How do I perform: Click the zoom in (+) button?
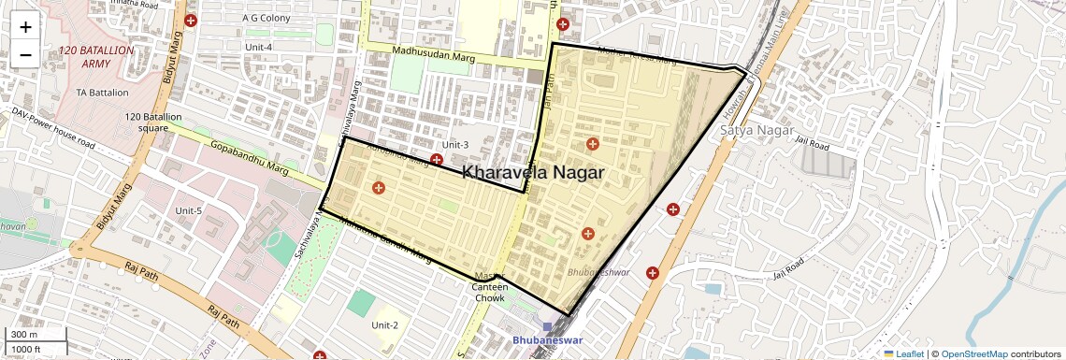point(25,27)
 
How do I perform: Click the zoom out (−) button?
point(25,55)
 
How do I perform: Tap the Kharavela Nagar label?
point(533,173)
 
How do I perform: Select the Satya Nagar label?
point(756,130)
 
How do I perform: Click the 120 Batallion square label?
point(154,122)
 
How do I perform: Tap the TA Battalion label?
point(103,94)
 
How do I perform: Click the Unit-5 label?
point(188,210)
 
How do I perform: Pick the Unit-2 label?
point(384,325)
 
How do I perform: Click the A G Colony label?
point(266,17)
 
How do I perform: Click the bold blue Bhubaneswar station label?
point(546,340)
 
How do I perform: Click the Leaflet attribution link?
point(904,353)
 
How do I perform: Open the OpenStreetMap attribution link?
point(973,353)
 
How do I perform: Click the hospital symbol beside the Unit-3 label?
point(437,160)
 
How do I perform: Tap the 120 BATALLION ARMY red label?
point(96,57)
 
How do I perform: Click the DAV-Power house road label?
point(53,128)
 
